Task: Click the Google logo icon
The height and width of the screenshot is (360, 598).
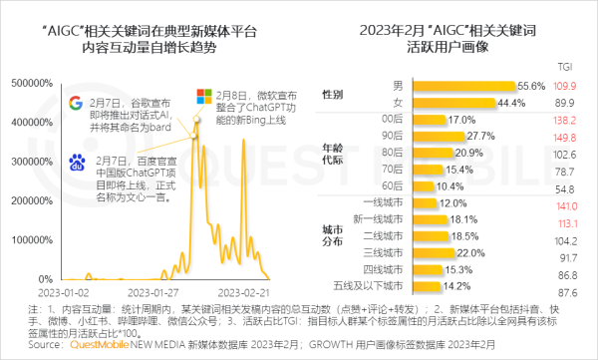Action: [76, 104]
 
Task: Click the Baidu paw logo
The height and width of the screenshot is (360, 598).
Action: [76, 163]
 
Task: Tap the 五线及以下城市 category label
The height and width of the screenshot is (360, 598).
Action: [358, 287]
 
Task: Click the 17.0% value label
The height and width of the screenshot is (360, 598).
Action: [435, 119]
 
